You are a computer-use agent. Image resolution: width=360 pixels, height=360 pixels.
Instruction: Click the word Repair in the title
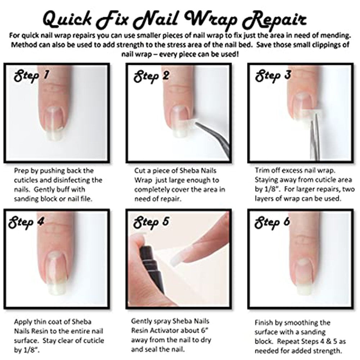click(275, 20)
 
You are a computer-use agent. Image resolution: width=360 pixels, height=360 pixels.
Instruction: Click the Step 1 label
click(31, 76)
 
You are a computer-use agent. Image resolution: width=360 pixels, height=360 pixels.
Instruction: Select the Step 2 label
click(152, 76)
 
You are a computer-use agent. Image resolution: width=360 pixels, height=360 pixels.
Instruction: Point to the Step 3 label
click(273, 76)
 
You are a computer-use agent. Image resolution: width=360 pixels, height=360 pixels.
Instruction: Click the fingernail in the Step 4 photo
click(56, 273)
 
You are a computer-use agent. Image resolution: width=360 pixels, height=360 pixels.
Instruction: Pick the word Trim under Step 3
click(262, 170)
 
